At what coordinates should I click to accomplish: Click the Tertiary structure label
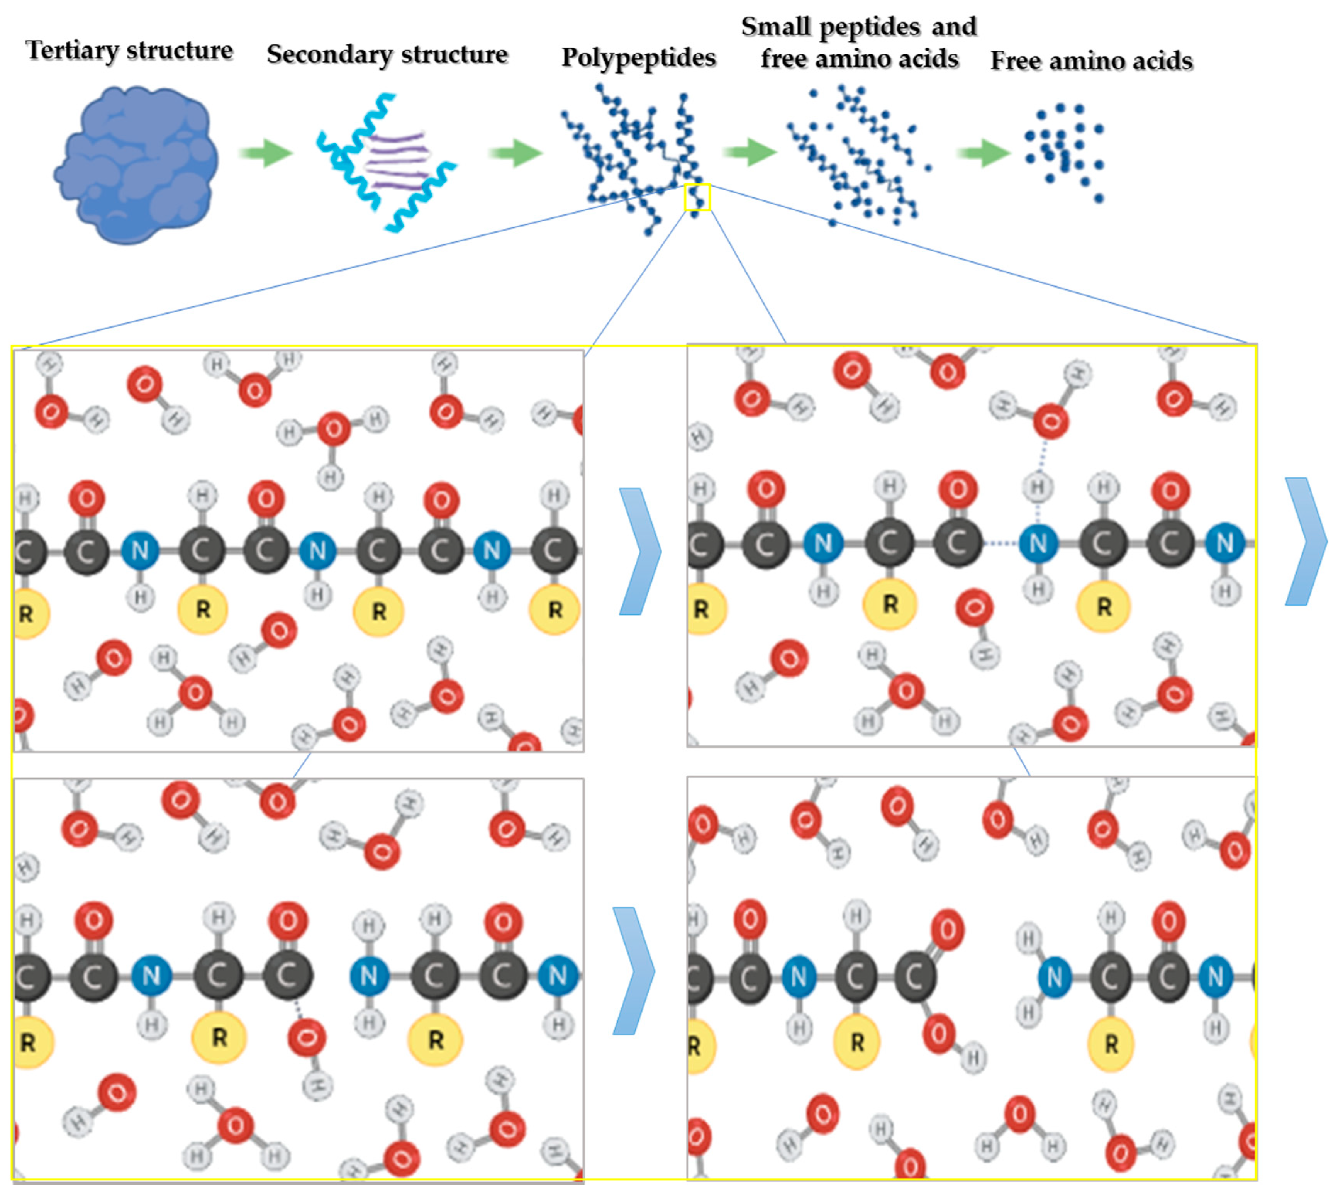tap(129, 50)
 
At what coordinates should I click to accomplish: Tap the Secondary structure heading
tap(387, 54)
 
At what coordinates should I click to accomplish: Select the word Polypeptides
tap(638, 58)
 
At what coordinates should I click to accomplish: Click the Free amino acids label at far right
tap(1091, 61)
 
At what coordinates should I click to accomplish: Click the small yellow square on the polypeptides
tap(697, 197)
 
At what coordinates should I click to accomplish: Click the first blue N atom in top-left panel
tap(140, 550)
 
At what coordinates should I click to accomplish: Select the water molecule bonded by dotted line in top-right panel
tap(1050, 419)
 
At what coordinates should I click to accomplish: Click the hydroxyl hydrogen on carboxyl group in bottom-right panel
tap(972, 1058)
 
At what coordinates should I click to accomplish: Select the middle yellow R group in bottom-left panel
tap(219, 1037)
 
